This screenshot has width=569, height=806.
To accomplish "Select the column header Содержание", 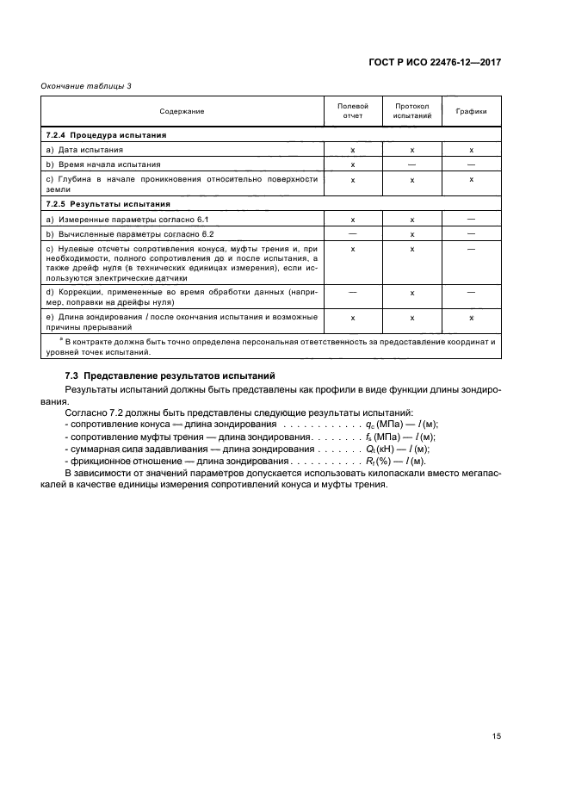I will tap(182, 111).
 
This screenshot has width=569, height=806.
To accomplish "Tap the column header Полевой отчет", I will tap(353, 111).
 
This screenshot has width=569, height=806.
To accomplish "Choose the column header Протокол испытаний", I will tap(412, 111).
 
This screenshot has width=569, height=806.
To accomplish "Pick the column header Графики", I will tap(471, 111).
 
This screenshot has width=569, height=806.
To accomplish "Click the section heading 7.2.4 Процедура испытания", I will tap(106, 135).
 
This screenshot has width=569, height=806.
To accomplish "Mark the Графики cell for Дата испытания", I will tap(471, 150).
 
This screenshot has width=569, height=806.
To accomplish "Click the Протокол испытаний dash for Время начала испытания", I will tap(412, 164).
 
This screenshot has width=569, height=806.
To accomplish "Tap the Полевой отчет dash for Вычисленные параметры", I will tap(353, 233).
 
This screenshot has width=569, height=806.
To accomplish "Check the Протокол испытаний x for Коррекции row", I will tap(412, 293).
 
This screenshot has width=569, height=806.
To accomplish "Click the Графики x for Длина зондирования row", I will tap(471, 318).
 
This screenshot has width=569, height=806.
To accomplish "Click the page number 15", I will tap(496, 736).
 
